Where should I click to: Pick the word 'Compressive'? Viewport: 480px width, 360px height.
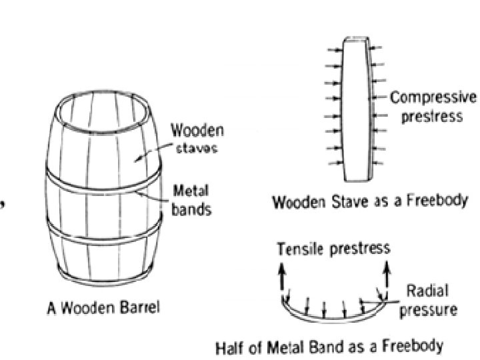pyautogui.click(x=433, y=99)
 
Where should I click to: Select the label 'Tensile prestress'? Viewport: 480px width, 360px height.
pyautogui.click(x=333, y=249)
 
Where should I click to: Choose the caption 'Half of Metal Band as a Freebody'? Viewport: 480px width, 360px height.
pyautogui.click(x=329, y=347)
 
